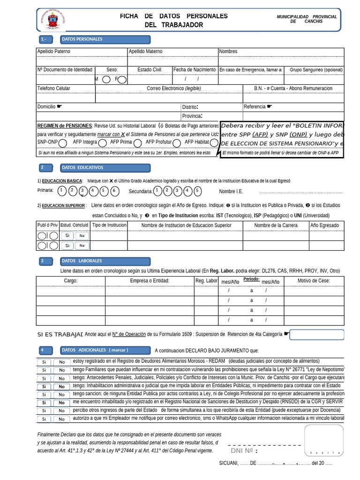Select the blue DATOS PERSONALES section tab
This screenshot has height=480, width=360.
(105, 39)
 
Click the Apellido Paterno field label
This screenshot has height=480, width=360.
(53, 52)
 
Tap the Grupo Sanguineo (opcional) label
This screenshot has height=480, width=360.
(316, 70)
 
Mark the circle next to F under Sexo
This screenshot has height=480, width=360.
(122, 79)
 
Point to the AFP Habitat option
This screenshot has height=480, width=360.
(196, 142)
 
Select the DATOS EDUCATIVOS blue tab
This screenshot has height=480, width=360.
(105, 168)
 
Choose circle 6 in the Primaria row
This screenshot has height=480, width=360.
(115, 191)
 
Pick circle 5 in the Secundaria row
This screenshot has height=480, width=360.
(197, 191)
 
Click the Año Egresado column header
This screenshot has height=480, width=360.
(324, 225)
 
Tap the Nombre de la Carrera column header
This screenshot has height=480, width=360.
(276, 225)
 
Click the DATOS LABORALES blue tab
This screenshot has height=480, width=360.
(105, 261)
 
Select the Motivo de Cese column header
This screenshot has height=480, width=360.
(314, 281)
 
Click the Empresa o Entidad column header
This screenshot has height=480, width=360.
(150, 281)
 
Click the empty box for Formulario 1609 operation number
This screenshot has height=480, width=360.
(317, 334)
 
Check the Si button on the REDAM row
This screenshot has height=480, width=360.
(44, 362)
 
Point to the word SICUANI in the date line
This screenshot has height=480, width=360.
(228, 463)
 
